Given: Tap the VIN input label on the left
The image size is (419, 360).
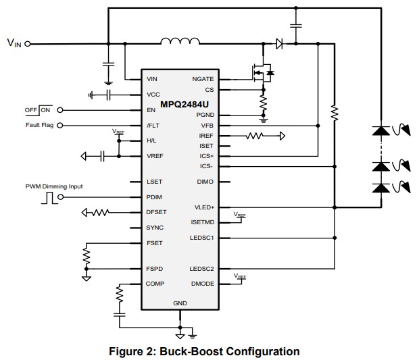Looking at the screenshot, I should click(x=14, y=43).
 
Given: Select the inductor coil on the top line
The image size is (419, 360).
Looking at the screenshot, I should click(x=180, y=42).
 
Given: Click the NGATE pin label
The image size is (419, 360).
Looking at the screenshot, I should click(x=203, y=79).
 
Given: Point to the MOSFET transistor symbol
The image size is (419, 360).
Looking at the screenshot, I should click(x=261, y=72).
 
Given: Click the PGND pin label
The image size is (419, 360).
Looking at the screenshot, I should click(x=205, y=115).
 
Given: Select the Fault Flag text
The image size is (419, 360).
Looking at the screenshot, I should click(x=40, y=125).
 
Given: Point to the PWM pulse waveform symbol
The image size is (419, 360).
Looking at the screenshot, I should click(x=47, y=198).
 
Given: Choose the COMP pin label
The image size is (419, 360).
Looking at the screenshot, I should click(x=155, y=284).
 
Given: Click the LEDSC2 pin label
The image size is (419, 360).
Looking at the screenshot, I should click(x=202, y=269).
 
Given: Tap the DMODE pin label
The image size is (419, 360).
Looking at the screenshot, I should click(x=203, y=284).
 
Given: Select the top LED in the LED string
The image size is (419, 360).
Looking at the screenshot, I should click(x=380, y=131).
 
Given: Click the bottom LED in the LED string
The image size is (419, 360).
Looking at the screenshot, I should click(x=380, y=188).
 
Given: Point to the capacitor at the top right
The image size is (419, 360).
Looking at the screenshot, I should click(x=295, y=26).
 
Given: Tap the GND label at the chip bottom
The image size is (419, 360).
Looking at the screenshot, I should click(x=180, y=303).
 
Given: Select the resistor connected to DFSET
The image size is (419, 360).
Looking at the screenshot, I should click(x=100, y=213).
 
